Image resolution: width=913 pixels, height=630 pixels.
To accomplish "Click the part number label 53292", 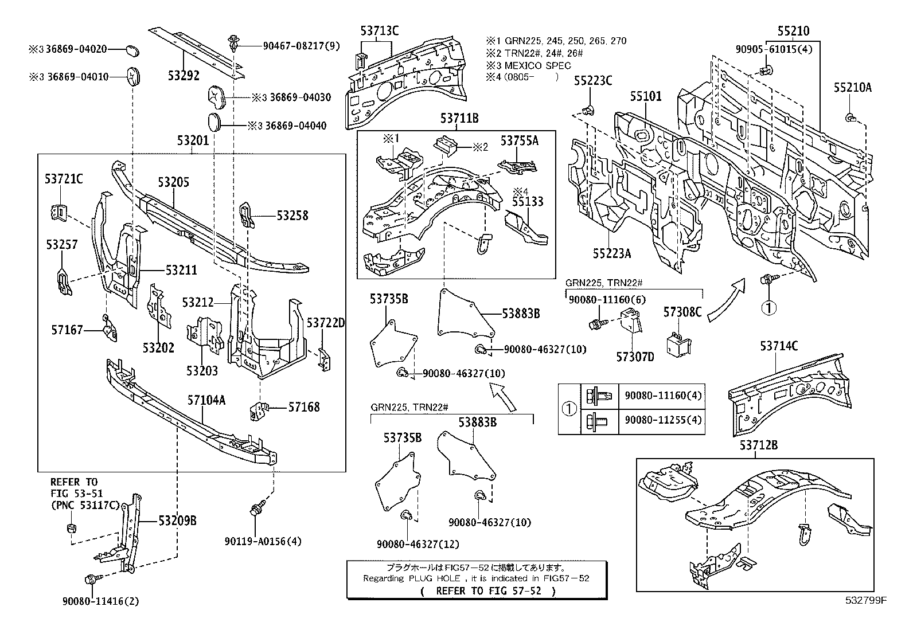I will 183,74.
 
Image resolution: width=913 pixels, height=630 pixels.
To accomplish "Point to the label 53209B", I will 178,521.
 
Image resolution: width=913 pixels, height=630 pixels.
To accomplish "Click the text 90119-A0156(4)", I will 262,541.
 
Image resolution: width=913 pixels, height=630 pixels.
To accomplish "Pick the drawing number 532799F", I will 865,600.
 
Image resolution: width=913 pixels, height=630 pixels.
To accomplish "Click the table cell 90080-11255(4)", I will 663,420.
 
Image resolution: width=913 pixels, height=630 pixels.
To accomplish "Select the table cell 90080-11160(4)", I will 663,395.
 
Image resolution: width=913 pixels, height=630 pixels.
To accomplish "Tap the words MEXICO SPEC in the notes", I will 537,65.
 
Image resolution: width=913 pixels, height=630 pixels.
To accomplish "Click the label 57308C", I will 682,312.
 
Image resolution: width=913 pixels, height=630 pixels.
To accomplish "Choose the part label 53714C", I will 779,346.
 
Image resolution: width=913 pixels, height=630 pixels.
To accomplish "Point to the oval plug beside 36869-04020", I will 133,50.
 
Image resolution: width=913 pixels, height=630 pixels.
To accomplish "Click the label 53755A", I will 520,140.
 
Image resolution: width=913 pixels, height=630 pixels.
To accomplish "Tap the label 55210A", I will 852,87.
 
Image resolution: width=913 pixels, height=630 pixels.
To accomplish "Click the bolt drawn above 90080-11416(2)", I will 91,580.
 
